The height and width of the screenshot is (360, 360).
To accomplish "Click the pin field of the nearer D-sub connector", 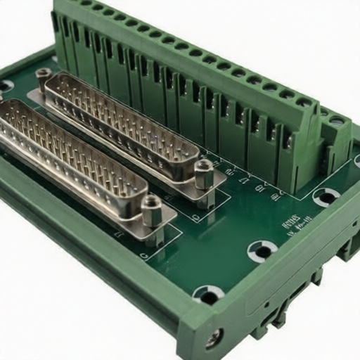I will click(x=70, y=151).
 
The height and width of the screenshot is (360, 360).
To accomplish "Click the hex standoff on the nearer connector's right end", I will click(x=152, y=210).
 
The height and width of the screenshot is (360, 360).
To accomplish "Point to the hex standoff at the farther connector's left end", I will click(x=44, y=76).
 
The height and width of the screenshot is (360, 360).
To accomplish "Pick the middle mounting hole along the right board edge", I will click(x=262, y=250).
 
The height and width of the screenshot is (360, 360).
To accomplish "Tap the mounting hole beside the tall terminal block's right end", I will click(x=326, y=196).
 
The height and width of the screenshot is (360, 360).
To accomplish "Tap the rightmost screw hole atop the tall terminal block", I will click(x=304, y=103).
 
